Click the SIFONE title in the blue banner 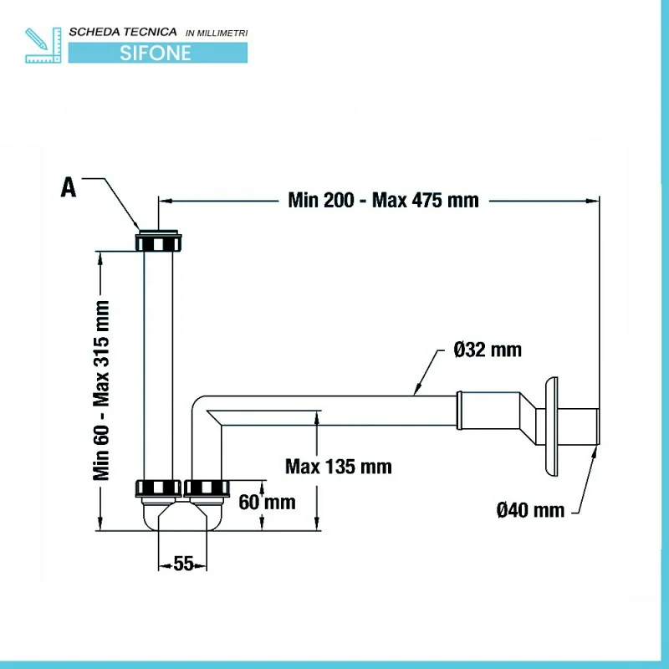click(x=156, y=53)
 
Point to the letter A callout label click(x=69, y=187)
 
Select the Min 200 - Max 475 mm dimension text click(x=383, y=200)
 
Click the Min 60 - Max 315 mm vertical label click(x=102, y=390)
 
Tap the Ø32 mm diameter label click(x=488, y=350)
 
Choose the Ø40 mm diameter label click(x=530, y=509)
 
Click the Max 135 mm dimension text click(x=338, y=466)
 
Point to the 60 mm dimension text click(x=267, y=502)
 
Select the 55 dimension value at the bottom click(x=184, y=564)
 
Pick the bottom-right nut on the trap click(x=207, y=488)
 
